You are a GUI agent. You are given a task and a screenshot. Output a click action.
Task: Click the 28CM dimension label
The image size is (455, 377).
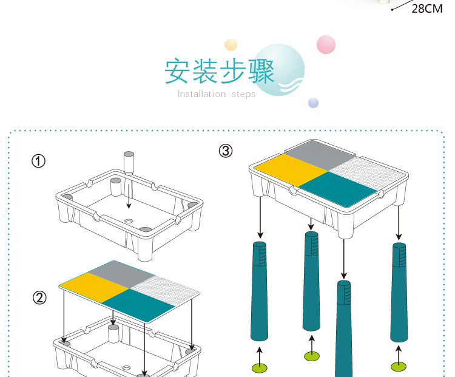(427, 9)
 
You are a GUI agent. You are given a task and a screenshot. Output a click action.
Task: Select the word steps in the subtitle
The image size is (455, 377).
(243, 95)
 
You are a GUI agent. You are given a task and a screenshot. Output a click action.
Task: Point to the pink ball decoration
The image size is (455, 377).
(326, 44)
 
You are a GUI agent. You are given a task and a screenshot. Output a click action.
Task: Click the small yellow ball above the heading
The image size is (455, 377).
(231, 44)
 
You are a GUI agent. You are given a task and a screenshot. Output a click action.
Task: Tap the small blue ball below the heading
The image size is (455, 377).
(313, 102)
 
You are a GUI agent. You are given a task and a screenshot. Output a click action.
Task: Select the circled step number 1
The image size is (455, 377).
(38, 161)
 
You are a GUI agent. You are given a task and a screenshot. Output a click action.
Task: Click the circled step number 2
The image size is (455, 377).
(39, 298)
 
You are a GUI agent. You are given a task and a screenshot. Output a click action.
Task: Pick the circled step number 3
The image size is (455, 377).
(226, 151)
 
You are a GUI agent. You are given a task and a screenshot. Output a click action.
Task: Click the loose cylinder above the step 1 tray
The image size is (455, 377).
(129, 163)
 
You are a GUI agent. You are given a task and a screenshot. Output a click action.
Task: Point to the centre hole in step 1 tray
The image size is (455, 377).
(128, 221)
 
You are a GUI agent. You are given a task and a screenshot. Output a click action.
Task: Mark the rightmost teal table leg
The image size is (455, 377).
(399, 292)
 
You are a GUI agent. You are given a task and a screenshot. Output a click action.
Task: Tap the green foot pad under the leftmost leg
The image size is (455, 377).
(260, 367)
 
